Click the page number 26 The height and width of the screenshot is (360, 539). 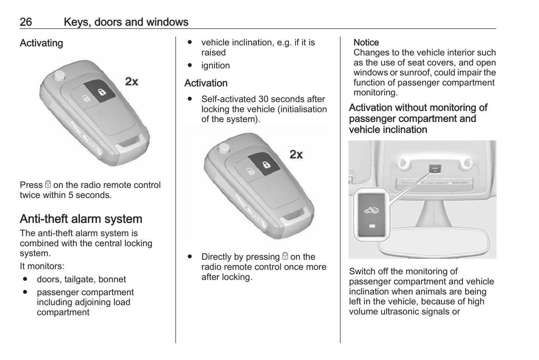click(x=26, y=22)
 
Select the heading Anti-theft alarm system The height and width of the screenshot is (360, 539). click(x=81, y=219)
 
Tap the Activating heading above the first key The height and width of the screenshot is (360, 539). click(x=41, y=43)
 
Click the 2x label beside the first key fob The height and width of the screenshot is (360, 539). click(x=131, y=81)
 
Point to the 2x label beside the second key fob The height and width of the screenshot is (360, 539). click(x=296, y=154)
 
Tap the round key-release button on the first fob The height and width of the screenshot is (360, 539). click(x=59, y=75)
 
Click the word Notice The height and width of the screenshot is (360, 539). click(x=366, y=43)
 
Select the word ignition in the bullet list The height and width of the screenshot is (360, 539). click(x=216, y=66)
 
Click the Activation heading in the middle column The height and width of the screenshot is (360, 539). click(x=206, y=83)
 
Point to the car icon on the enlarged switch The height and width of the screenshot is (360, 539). click(x=371, y=210)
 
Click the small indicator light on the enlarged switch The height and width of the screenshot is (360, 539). click(x=372, y=226)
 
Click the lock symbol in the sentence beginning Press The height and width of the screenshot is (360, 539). click(x=48, y=185)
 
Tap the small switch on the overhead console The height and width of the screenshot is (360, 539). click(x=435, y=169)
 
